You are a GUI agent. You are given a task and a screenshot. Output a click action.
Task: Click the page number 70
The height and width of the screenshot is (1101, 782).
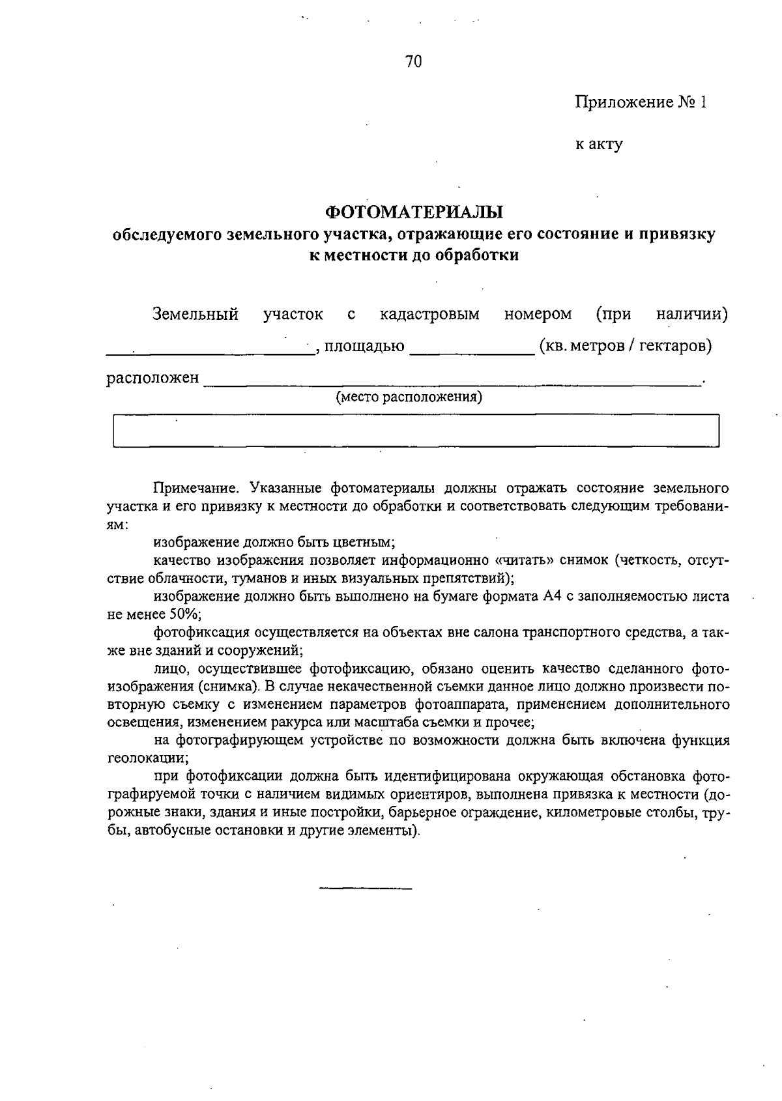coord(413,62)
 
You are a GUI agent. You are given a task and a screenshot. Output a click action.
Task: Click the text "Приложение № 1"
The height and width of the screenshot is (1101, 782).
coord(640,102)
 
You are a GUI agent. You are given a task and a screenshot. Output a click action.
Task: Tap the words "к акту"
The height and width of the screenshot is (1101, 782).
coord(598,144)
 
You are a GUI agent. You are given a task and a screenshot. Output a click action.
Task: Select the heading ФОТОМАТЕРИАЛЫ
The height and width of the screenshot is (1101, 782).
coord(414,212)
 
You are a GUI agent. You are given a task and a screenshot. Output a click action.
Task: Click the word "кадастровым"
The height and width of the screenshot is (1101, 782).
coord(429,315)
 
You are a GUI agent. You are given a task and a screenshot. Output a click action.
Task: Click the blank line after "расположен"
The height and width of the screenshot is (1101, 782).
coord(452,384)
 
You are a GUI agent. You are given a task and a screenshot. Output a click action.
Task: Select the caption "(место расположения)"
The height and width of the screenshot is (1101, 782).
coord(409,397)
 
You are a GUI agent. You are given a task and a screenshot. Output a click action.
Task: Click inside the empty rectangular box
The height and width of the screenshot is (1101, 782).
coord(416,431)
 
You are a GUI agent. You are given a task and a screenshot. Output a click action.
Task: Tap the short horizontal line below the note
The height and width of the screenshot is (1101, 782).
coord(366,888)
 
